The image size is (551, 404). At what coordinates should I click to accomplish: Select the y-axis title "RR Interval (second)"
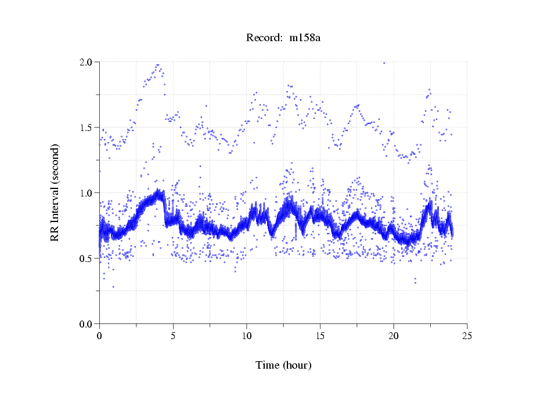click(x=55, y=192)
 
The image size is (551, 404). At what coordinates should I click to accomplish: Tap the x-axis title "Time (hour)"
click(x=284, y=365)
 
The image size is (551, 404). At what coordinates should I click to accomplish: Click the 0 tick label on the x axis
click(x=99, y=336)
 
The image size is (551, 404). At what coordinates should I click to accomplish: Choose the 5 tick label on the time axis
click(x=173, y=336)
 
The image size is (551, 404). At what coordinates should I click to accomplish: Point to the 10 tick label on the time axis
click(x=246, y=336)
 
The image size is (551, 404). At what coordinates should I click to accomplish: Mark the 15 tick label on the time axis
click(x=320, y=336)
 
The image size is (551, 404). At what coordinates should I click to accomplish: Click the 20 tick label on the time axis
click(x=394, y=336)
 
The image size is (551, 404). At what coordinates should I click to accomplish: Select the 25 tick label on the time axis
click(x=467, y=336)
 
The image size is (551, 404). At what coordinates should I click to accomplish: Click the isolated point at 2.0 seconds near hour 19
click(x=384, y=63)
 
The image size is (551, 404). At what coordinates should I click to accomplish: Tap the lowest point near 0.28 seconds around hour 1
click(x=113, y=286)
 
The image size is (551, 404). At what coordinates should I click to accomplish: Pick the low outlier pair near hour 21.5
click(x=415, y=281)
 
